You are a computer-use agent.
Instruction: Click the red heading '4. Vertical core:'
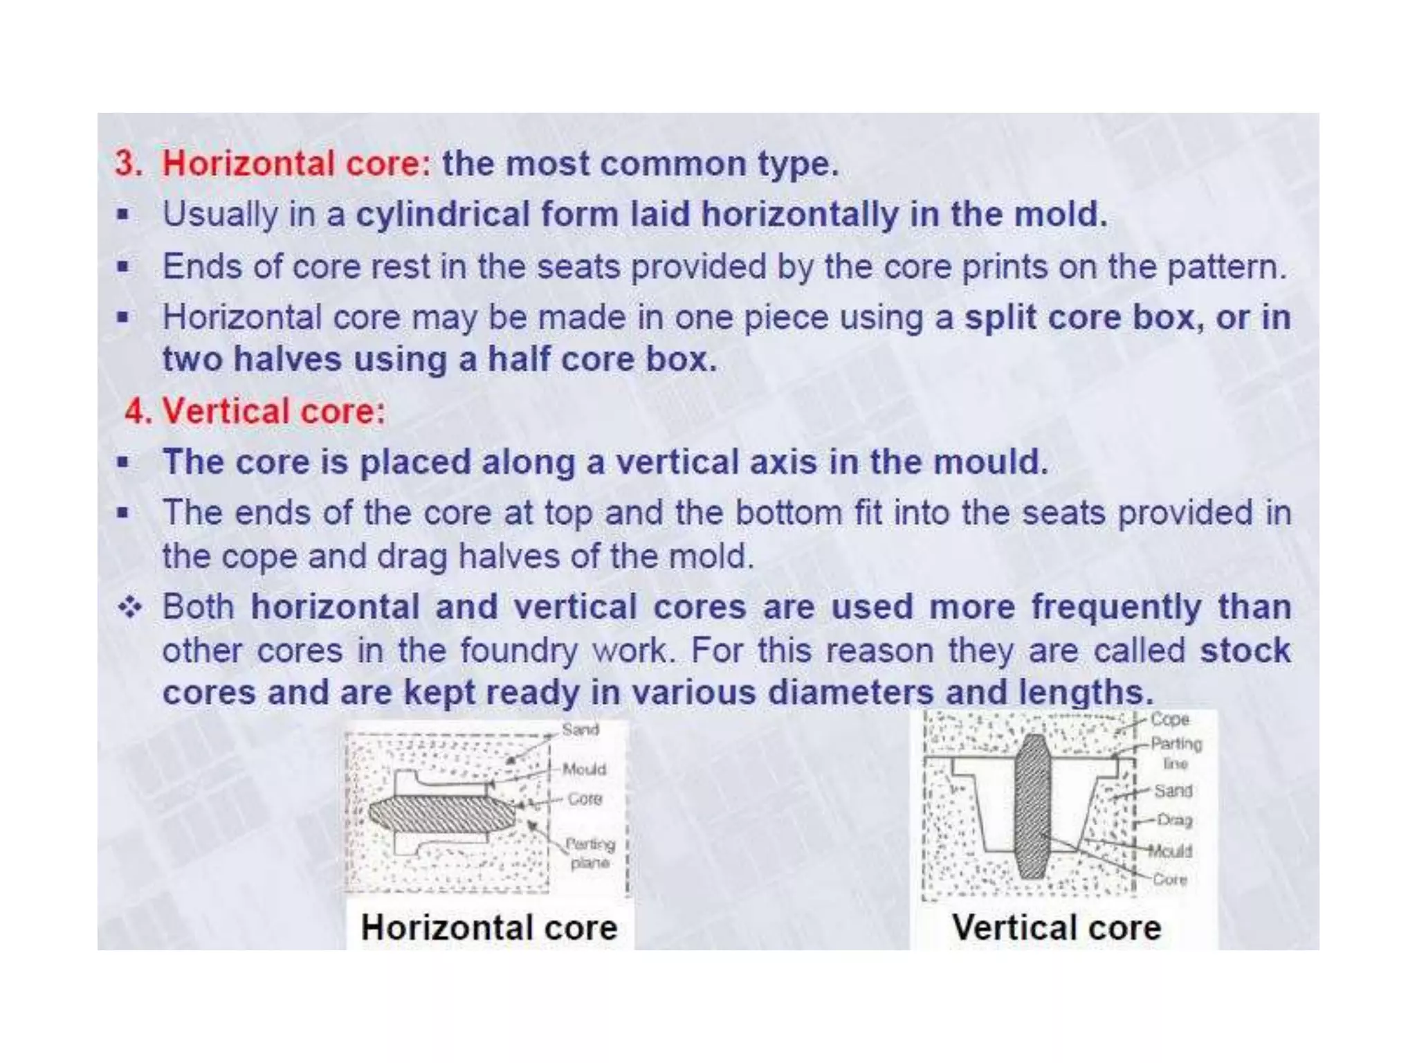coord(255,411)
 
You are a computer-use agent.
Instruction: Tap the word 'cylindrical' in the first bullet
coord(442,215)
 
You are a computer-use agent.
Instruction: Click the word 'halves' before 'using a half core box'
coord(287,360)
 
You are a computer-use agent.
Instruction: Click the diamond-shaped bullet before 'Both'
coord(129,608)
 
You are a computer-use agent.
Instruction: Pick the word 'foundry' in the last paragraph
coord(518,651)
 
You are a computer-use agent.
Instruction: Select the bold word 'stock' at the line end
coord(1245,651)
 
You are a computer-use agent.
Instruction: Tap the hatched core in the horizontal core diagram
coord(443,814)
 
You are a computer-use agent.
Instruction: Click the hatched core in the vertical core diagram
coord(1032,806)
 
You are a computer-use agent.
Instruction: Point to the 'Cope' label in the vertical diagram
coord(1169,720)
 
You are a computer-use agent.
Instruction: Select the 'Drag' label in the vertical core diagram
coord(1174,820)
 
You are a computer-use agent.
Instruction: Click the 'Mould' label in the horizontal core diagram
coord(584,769)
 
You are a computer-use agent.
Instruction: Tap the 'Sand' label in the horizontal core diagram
coord(580,729)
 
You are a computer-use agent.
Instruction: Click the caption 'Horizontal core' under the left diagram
coord(488,928)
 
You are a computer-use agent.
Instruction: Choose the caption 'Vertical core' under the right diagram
coord(1056,928)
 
